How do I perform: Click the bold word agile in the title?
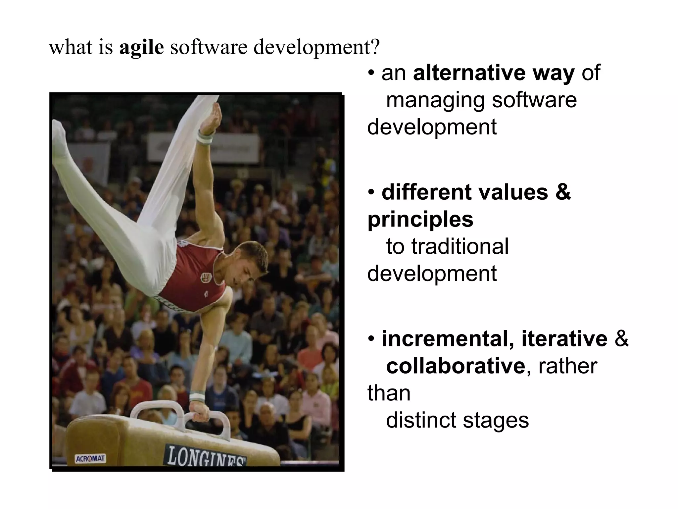[x=141, y=47]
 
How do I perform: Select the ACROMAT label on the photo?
[x=90, y=459]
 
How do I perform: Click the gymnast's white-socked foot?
[x=60, y=136]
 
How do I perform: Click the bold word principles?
[x=420, y=219]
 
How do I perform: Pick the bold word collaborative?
[x=455, y=366]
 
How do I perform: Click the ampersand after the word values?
[x=563, y=192]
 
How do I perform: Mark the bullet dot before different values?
[x=372, y=192]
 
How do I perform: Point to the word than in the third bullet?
[x=389, y=393]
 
